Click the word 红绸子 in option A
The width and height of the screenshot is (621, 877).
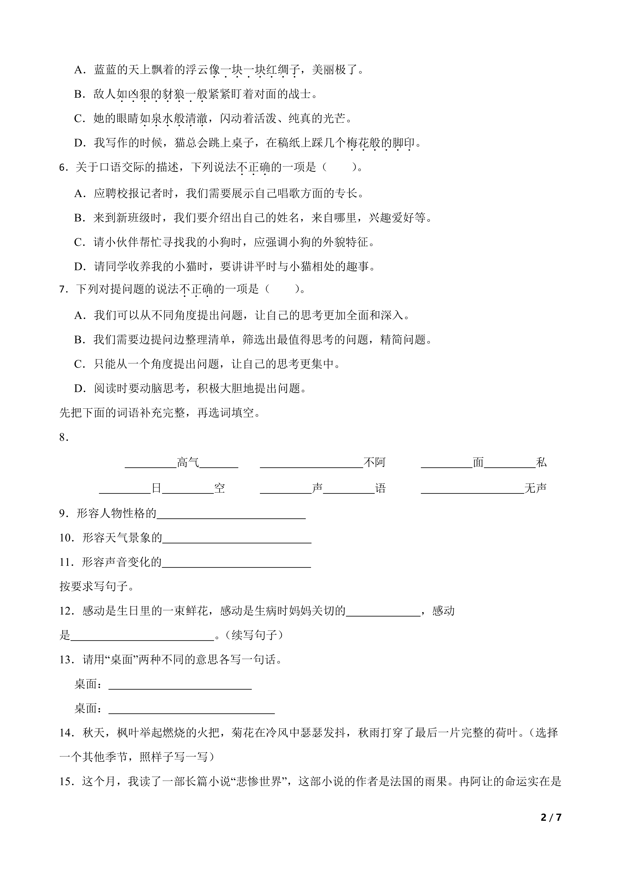[283, 70]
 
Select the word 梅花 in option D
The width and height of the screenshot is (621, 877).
[358, 143]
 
